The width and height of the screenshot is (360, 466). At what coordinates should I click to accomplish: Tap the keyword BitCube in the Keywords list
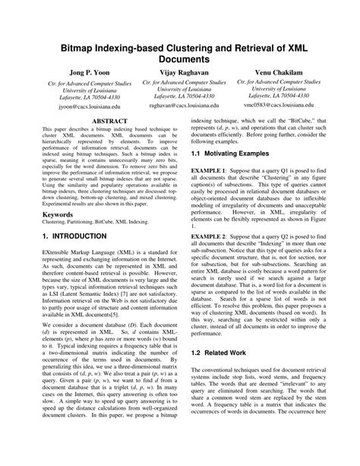click(113, 223)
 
